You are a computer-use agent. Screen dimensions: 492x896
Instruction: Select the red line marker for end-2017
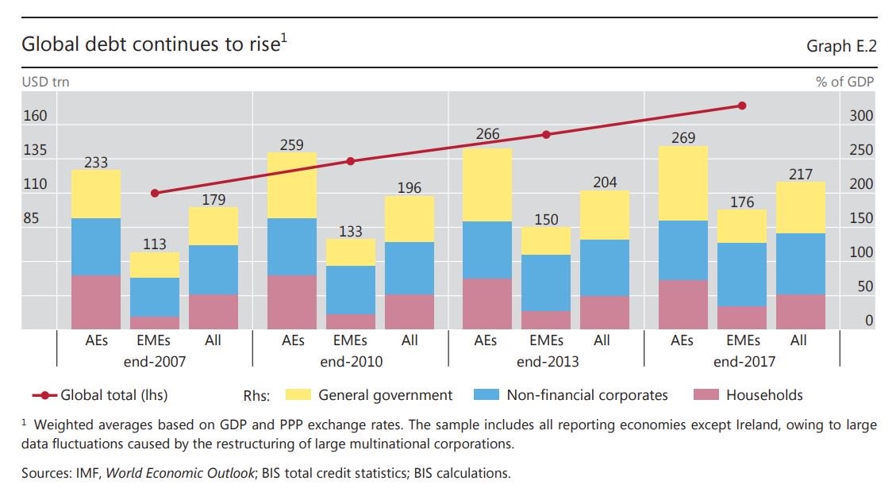click(742, 106)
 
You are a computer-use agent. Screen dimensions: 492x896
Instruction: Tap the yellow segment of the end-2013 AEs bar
click(487, 184)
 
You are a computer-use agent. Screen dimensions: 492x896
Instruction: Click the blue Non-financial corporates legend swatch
click(485, 395)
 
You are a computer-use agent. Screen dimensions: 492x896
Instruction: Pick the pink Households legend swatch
click(705, 395)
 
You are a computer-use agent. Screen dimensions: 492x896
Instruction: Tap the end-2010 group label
click(350, 362)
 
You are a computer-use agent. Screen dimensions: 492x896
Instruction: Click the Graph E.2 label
click(841, 47)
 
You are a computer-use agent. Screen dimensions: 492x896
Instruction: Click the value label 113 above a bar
click(155, 244)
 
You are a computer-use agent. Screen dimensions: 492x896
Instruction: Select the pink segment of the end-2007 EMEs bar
click(155, 323)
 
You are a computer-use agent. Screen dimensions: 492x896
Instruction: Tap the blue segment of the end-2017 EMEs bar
click(742, 275)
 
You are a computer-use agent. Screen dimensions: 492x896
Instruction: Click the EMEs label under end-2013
click(546, 340)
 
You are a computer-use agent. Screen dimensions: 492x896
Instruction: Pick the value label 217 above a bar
click(801, 174)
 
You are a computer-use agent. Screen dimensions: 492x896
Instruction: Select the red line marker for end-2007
click(155, 193)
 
